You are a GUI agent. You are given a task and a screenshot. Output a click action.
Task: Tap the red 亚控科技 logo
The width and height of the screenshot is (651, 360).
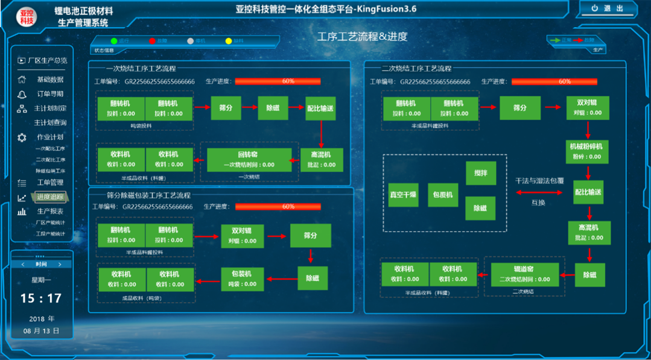pyautogui.click(x=27, y=17)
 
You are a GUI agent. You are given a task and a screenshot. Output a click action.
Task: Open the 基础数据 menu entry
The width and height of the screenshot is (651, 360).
pyautogui.click(x=49, y=80)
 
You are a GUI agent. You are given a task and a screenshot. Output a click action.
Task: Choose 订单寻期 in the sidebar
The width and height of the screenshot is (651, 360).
pyautogui.click(x=49, y=94)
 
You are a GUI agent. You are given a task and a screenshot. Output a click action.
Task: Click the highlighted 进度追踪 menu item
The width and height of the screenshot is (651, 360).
pyautogui.click(x=50, y=197)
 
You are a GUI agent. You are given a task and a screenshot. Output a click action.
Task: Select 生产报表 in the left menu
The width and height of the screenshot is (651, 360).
pyautogui.click(x=49, y=212)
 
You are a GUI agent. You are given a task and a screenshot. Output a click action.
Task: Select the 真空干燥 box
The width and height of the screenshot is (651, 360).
pyautogui.click(x=403, y=195)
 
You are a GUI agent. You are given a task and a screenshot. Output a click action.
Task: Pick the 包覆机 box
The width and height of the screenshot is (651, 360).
pyautogui.click(x=443, y=195)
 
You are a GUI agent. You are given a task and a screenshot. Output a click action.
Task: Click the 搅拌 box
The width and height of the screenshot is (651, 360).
pyautogui.click(x=481, y=173)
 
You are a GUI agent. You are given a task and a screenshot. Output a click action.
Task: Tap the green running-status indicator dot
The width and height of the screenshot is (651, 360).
pyautogui.click(x=113, y=41)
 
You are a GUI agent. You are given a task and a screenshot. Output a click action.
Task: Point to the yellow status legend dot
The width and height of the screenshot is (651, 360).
pyautogui.click(x=229, y=41)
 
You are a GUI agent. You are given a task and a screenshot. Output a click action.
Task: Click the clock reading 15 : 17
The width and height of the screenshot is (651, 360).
pyautogui.click(x=41, y=298)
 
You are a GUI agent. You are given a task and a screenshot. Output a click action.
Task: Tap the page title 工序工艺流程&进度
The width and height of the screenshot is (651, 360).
pyautogui.click(x=362, y=37)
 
